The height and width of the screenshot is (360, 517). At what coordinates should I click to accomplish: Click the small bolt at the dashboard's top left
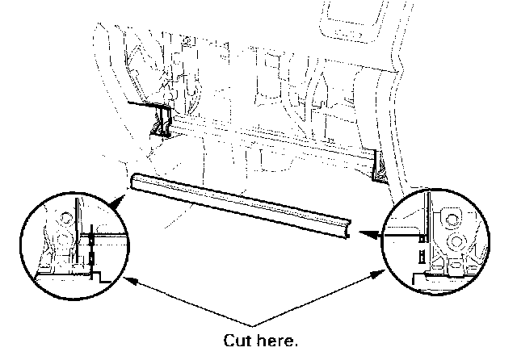pos(187,40)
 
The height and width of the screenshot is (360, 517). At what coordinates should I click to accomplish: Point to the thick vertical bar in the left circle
pos(78,234)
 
